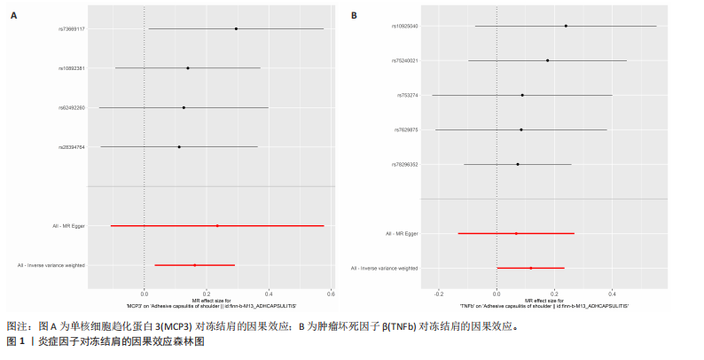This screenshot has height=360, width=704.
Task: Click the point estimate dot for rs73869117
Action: click(236, 28)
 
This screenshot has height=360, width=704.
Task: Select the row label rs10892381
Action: click(72, 67)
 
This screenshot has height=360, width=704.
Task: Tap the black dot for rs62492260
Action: click(184, 107)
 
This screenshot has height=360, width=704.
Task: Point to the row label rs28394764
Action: click(72, 146)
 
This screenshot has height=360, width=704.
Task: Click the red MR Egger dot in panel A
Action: click(217, 225)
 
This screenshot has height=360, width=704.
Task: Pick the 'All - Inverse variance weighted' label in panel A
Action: click(51, 265)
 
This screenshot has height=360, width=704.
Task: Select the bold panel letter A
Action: click(13, 15)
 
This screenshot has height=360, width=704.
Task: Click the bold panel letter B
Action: click(355, 15)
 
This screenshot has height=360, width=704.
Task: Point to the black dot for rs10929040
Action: click(566, 26)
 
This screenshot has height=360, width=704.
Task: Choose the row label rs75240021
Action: click(405, 60)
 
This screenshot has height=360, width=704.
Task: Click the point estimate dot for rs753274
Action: click(522, 95)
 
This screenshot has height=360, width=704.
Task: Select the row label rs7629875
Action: click(406, 129)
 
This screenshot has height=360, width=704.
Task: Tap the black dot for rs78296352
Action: click(518, 164)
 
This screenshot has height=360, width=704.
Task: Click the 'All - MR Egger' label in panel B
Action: click(402, 233)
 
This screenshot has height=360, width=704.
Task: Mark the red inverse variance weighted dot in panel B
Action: click(531, 268)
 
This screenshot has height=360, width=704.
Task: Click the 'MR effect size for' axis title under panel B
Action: click(544, 300)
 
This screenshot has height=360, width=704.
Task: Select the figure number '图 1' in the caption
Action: click(15, 340)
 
